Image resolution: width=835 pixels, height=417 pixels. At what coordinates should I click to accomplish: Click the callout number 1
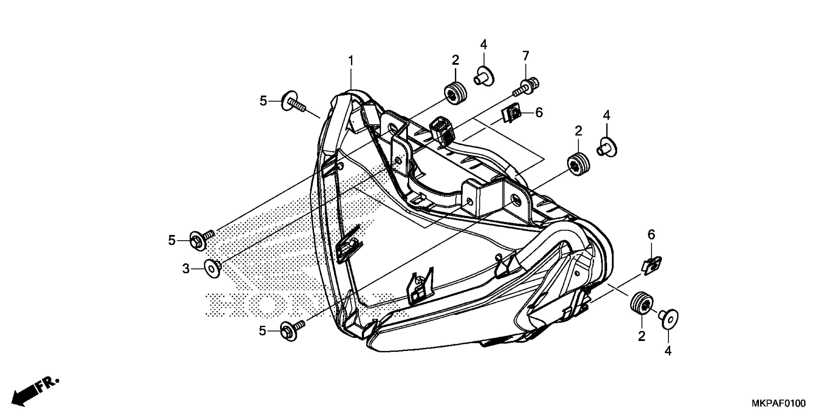pos(350,61)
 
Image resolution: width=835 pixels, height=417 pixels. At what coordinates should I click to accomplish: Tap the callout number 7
pos(526,56)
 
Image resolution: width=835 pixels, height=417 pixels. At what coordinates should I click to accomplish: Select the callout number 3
pos(186,268)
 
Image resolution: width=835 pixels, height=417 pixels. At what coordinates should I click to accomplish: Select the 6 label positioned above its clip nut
pos(652,235)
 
